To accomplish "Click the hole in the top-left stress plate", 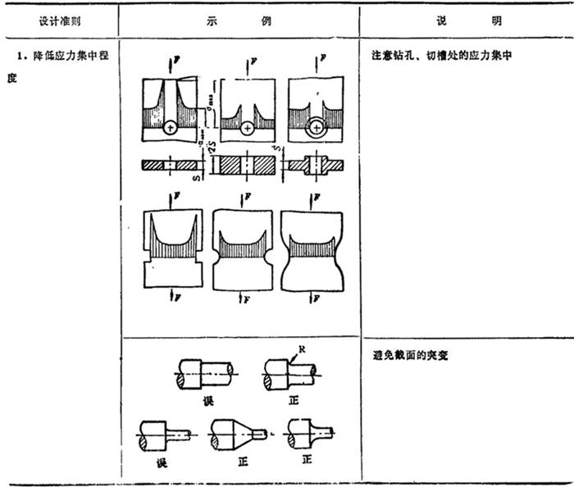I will (170, 128).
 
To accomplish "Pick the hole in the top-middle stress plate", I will (247, 128).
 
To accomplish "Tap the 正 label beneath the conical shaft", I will (242, 462).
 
